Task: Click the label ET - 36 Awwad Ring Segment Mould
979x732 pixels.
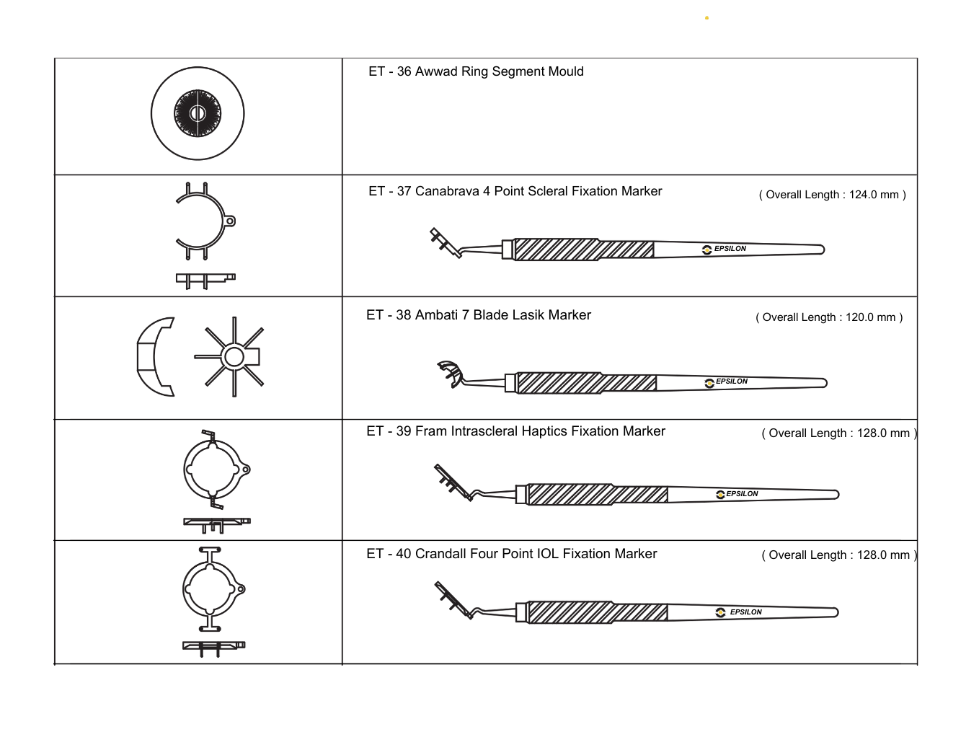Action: (x=476, y=71)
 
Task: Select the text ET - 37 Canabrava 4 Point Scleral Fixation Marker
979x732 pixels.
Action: (x=515, y=191)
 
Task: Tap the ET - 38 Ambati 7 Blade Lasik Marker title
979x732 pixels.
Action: (x=478, y=315)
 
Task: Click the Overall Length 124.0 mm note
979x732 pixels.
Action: (x=832, y=195)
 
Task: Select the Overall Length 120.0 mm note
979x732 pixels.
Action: (x=829, y=317)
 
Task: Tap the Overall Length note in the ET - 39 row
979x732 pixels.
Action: (x=839, y=433)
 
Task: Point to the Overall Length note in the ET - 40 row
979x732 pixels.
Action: (x=839, y=555)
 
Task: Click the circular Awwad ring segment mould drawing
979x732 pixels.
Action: (x=198, y=114)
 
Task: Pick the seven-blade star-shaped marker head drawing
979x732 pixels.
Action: (x=233, y=356)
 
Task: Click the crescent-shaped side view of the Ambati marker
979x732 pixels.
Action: (x=154, y=356)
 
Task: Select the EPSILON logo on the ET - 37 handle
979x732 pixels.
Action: (x=725, y=250)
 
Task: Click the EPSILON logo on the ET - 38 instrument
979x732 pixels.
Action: (x=727, y=382)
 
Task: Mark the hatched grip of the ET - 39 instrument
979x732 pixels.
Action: (x=597, y=495)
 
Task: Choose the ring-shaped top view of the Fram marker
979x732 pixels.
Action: (x=213, y=469)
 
